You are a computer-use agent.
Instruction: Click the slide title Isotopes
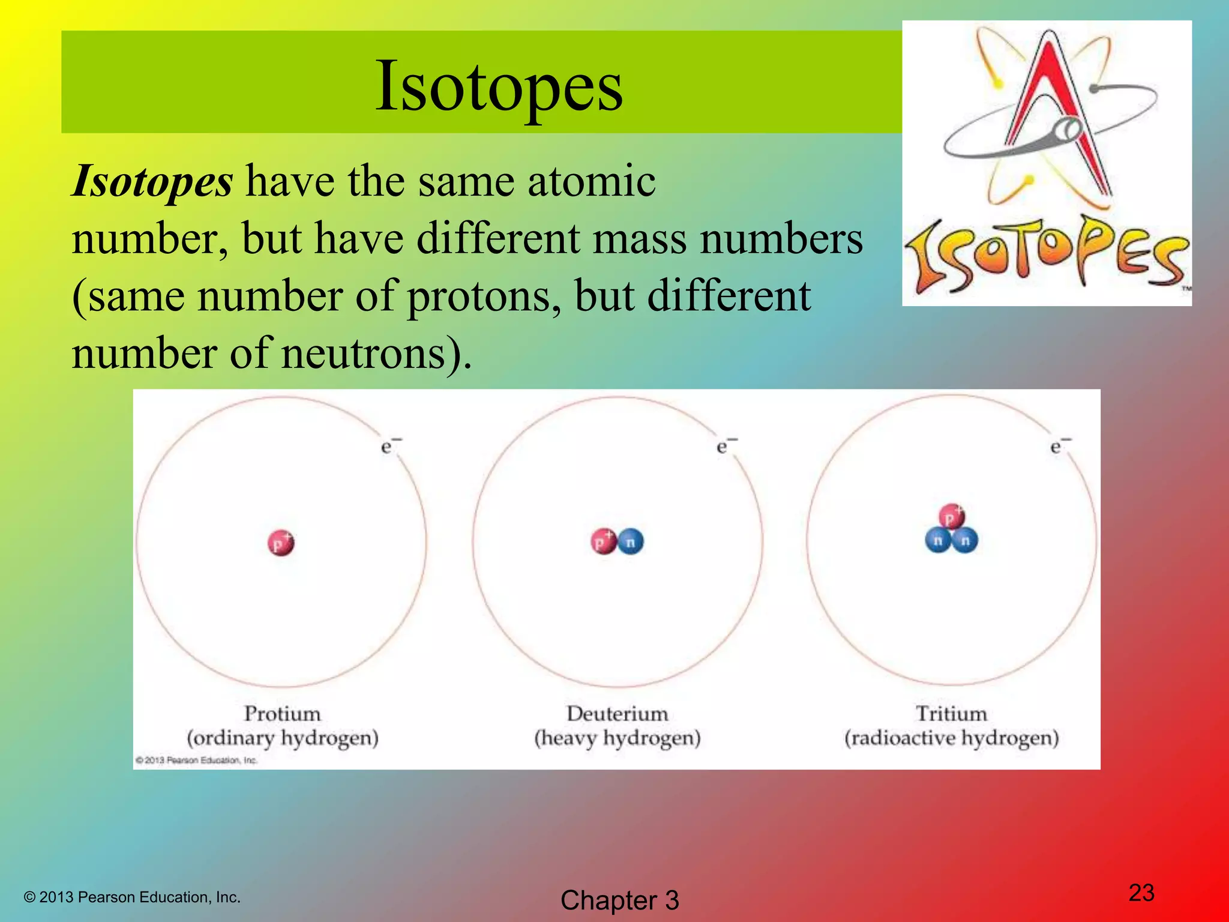499,87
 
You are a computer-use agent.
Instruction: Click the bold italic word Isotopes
152,181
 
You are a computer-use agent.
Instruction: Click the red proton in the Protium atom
280,543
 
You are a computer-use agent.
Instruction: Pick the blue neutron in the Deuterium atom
630,542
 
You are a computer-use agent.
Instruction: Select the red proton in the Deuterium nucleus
603,541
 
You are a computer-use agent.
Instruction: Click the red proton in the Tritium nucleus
951,517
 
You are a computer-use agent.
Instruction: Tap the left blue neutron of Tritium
937,540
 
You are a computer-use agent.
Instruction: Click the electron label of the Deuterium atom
726,446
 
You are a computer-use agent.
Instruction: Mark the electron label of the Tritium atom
1059,446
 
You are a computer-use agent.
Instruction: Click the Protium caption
282,714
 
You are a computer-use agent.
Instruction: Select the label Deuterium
617,714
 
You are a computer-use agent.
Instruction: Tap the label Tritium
951,714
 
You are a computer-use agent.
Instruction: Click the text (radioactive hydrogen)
951,738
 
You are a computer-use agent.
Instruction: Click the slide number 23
1141,893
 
